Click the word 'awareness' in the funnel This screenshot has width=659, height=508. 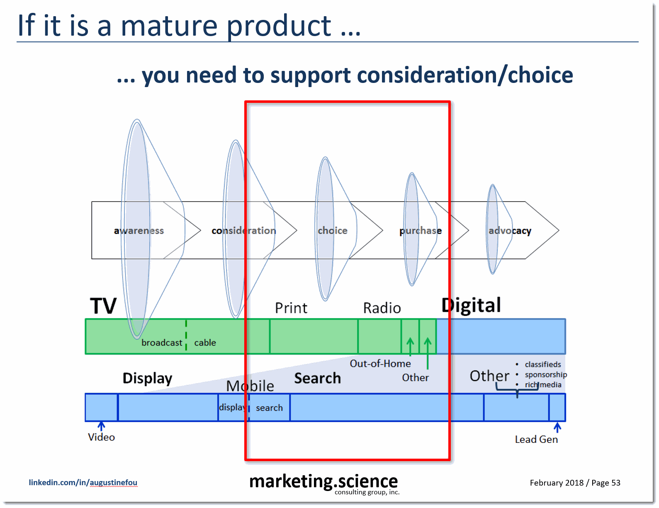[139, 231]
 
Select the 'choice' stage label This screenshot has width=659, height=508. [333, 231]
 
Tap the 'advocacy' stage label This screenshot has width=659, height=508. [510, 231]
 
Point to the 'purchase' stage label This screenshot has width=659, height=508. [420, 231]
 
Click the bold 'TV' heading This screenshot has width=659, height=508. [103, 306]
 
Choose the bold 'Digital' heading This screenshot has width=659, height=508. [471, 305]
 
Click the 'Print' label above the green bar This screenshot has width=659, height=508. [291, 308]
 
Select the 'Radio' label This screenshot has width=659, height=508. [382, 308]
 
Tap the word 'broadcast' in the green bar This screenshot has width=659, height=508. [162, 343]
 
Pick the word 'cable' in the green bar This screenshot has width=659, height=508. [205, 343]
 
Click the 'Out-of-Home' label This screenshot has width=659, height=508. [380, 364]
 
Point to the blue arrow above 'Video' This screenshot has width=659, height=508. [101, 426]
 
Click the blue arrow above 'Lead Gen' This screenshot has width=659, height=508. [557, 427]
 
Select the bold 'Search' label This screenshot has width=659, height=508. [317, 378]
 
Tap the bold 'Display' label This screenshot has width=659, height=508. [147, 378]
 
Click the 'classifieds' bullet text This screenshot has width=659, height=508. [542, 365]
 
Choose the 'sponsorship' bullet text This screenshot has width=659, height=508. [545, 374]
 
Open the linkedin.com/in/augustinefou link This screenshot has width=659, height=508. [83, 482]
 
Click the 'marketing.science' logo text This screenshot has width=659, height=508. [323, 481]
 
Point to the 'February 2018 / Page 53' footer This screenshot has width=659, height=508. [575, 483]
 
